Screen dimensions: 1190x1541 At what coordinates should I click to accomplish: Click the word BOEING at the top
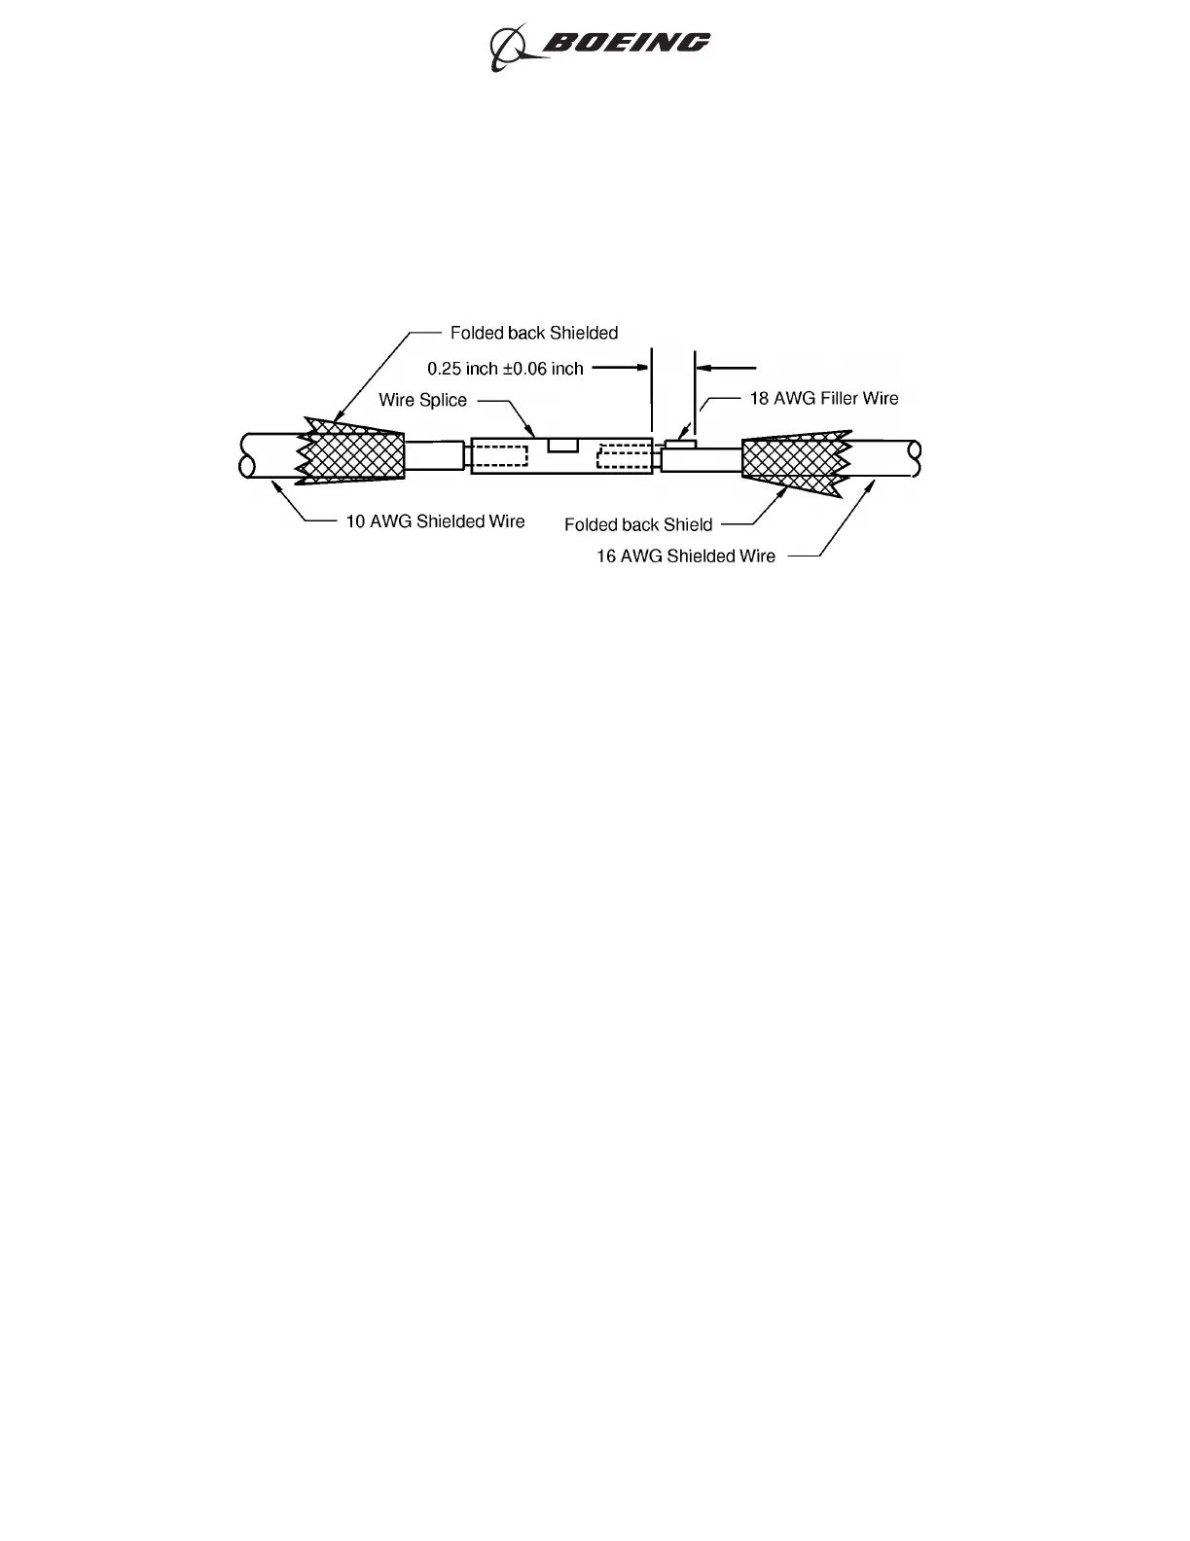(x=627, y=43)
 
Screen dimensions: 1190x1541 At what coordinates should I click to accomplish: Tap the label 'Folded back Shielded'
(x=533, y=333)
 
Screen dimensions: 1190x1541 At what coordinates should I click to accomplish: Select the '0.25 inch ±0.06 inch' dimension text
(x=505, y=369)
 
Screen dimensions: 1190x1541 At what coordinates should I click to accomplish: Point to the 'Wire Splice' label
(x=422, y=400)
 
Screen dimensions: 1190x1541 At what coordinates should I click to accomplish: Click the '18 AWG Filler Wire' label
(x=823, y=398)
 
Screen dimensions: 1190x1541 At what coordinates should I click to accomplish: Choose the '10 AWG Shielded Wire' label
(x=435, y=521)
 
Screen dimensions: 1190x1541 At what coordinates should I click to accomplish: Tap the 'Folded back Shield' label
(x=638, y=524)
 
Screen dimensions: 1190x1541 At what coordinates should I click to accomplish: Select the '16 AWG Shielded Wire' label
(x=686, y=556)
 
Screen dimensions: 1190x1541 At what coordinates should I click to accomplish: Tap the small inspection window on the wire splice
(x=563, y=445)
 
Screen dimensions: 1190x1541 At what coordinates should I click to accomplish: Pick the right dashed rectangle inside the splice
(x=623, y=456)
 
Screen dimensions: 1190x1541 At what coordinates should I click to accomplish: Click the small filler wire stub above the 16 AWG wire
(x=680, y=444)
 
